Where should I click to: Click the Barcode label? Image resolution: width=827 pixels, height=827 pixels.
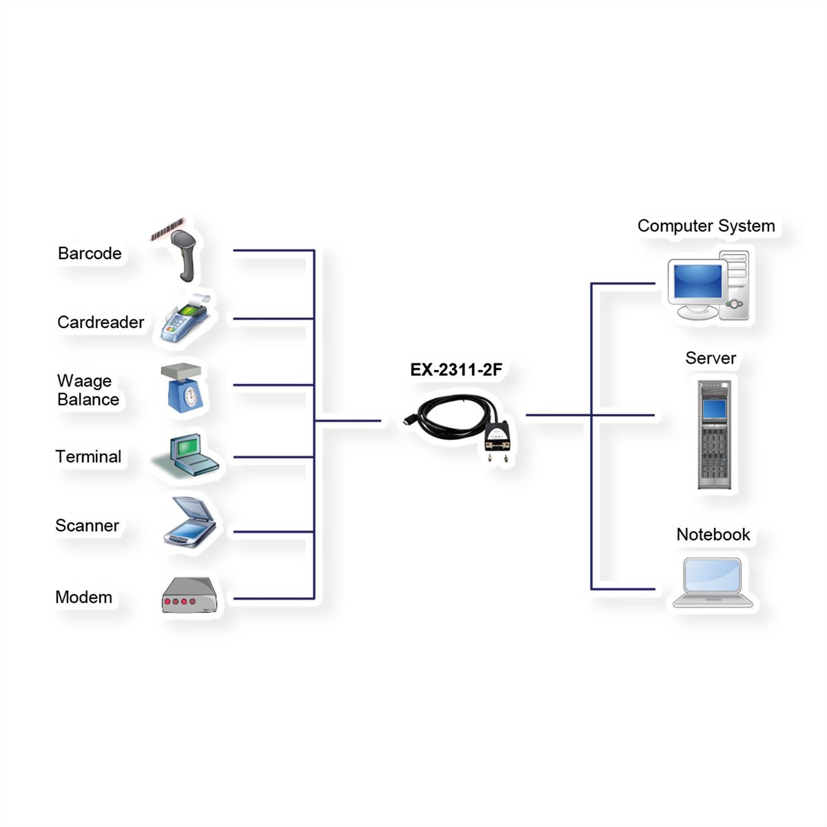click(90, 253)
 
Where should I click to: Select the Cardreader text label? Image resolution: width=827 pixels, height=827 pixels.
click(101, 323)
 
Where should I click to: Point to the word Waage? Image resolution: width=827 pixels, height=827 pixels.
click(84, 381)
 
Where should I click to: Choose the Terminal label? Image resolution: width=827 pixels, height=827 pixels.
click(88, 457)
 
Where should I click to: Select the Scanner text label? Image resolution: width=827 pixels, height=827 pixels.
click(87, 525)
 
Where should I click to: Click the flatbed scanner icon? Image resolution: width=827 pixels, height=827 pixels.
click(190, 522)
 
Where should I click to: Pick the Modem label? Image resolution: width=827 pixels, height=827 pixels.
click(83, 597)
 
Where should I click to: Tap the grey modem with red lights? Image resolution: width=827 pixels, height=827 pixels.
click(190, 595)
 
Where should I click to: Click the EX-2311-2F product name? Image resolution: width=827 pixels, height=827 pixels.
click(456, 369)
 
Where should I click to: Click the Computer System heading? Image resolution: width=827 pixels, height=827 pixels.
click(706, 226)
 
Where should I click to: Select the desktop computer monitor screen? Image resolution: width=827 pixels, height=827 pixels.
click(697, 281)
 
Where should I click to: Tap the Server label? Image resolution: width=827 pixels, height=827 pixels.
click(711, 358)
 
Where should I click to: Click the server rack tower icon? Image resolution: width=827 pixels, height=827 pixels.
click(714, 435)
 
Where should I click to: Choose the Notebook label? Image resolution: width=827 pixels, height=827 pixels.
click(713, 535)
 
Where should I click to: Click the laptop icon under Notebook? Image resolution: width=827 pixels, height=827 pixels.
click(713, 583)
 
